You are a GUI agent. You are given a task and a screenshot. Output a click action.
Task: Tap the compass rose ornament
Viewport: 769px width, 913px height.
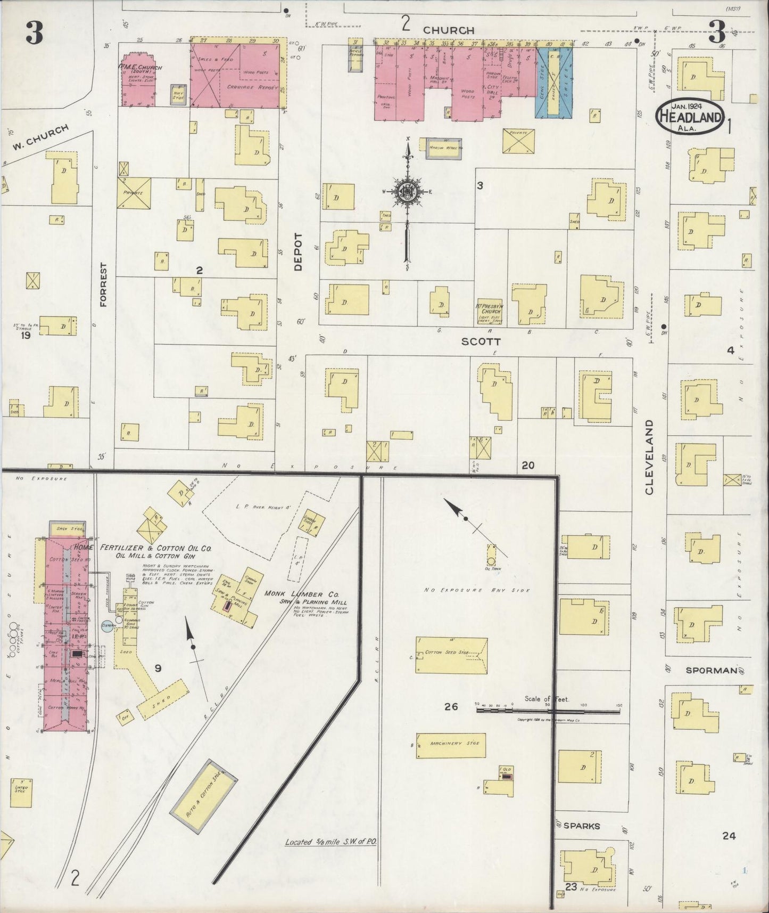(408, 192)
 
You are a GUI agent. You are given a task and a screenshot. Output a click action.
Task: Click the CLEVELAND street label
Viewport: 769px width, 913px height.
(650, 457)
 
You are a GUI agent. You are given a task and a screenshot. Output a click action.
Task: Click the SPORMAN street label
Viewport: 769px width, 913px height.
(710, 670)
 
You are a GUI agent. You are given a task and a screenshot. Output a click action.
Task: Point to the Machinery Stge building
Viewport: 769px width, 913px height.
(451, 744)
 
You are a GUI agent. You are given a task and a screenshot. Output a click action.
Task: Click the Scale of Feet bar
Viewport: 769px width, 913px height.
(548, 710)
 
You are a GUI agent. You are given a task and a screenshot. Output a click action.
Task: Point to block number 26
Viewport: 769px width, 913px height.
(451, 706)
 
